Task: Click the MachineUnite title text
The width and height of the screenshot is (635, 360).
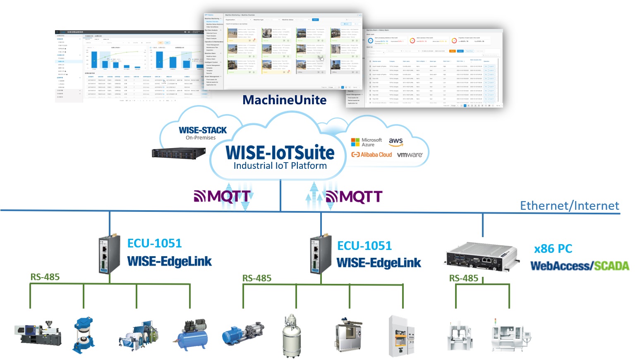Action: click(284, 100)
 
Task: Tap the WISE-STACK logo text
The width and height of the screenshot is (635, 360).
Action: click(203, 130)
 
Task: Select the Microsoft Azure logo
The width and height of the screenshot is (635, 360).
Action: click(366, 142)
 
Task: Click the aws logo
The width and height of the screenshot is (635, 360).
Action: click(396, 142)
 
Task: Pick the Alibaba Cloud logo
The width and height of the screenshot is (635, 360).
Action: click(371, 155)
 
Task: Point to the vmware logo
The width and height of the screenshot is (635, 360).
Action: click(410, 155)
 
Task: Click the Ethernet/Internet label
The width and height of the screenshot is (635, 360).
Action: click(569, 206)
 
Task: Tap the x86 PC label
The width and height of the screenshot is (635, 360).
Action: click(553, 249)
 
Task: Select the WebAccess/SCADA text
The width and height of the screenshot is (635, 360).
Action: click(580, 266)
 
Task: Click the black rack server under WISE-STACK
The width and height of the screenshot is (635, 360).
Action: click(179, 153)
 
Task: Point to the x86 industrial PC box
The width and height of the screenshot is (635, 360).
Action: click(481, 254)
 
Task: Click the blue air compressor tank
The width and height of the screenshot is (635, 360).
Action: click(190, 335)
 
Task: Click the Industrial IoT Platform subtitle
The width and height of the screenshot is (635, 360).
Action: click(280, 166)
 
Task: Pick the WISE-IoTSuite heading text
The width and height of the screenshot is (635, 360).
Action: click(280, 153)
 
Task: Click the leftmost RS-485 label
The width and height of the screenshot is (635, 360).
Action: click(45, 277)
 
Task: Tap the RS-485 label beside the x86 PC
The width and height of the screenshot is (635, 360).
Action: click(464, 278)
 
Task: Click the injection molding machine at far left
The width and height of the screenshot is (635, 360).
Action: click(38, 334)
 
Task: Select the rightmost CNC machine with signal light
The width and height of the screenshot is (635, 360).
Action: click(509, 336)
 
